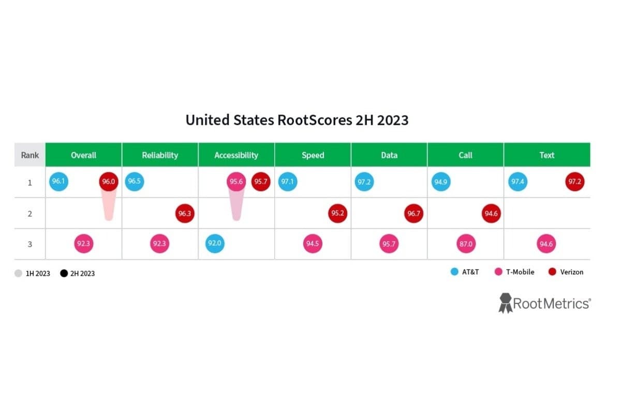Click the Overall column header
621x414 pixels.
coord(83,155)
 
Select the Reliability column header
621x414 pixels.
coord(160,155)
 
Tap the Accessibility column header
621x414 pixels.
coord(236,155)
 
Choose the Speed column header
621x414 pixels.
coord(313,155)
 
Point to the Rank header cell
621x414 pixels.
coord(30,155)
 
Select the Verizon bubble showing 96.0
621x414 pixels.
coord(108,182)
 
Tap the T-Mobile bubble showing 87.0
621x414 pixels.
coord(466,244)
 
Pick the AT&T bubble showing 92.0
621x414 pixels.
coord(215,244)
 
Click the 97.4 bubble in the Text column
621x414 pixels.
coord(517,182)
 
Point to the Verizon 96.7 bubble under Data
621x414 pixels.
coord(414,213)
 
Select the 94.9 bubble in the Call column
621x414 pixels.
coord(440,182)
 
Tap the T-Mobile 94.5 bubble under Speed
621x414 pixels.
coord(313,244)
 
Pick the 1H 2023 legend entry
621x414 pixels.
coord(33,273)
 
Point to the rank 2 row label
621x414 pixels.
coord(30,213)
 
